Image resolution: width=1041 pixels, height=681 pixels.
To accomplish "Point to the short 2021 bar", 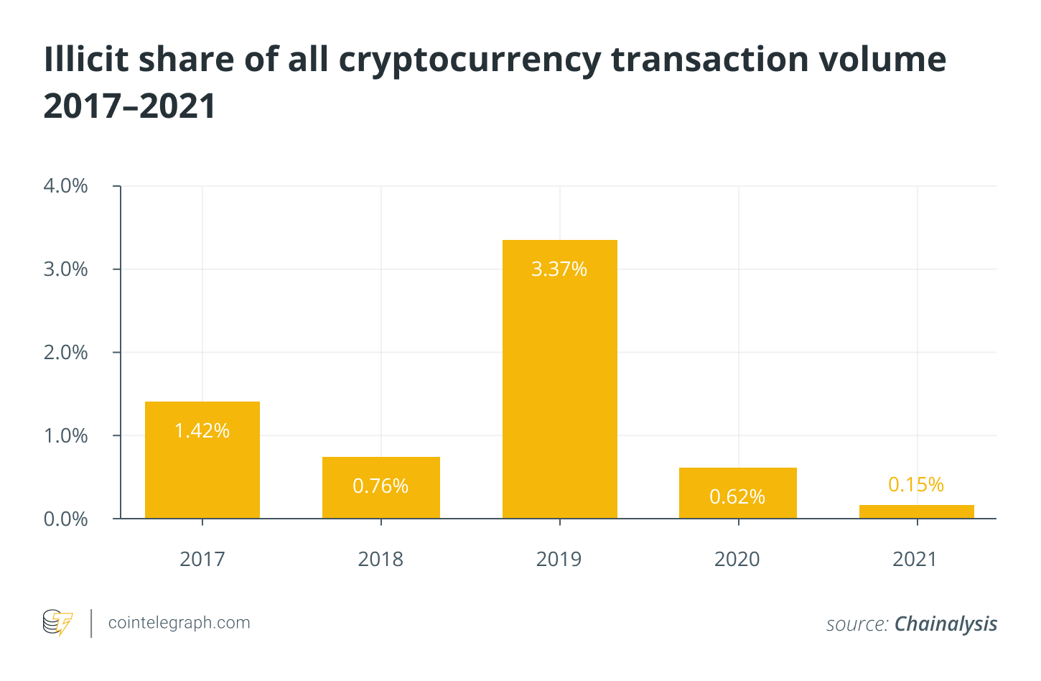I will tap(916, 511).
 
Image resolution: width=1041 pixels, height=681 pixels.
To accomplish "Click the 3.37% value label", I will tap(559, 269).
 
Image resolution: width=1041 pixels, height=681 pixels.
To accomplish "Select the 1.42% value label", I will tap(202, 431).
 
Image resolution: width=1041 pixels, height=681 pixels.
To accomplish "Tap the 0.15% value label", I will tap(916, 485).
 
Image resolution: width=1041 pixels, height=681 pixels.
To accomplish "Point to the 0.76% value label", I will tap(381, 486).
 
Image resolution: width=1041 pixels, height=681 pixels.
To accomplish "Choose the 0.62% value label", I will tap(737, 497).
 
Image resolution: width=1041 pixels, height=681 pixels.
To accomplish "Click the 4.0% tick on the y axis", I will tap(66, 186).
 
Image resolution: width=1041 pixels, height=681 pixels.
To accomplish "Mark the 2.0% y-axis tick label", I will tap(66, 353).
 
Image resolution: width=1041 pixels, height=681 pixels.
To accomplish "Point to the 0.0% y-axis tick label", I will tap(66, 519).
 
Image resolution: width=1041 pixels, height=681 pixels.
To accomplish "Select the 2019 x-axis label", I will tap(559, 559).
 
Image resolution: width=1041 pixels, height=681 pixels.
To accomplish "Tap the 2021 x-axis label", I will tap(915, 559).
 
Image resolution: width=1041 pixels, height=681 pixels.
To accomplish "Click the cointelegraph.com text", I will tap(179, 623).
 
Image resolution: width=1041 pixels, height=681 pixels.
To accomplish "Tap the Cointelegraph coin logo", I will tap(57, 623).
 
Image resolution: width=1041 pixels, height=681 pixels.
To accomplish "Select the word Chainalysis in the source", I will tap(946, 624).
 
